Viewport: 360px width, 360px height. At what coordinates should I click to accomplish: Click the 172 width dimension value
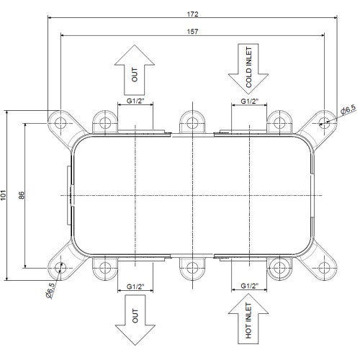(192, 14)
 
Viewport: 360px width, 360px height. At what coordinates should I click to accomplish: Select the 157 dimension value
(192, 32)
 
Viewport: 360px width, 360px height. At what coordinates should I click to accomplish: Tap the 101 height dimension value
(3, 195)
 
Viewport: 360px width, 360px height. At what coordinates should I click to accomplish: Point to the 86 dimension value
(22, 195)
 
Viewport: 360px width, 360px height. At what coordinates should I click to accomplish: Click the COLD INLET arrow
(248, 68)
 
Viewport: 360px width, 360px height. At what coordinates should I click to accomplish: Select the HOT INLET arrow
(248, 319)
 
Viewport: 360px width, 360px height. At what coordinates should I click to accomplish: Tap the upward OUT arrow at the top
(135, 70)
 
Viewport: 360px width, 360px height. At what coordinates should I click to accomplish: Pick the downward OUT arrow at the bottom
(135, 320)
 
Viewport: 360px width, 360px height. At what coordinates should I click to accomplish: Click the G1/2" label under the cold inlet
(249, 102)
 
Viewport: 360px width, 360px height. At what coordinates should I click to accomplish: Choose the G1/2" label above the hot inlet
(249, 286)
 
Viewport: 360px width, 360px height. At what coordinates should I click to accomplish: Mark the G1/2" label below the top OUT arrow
(135, 101)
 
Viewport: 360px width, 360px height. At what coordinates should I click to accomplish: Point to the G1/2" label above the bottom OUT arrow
(135, 287)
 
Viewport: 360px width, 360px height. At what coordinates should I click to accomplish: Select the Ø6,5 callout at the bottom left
(50, 290)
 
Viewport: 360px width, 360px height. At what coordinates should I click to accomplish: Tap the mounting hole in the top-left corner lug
(60, 123)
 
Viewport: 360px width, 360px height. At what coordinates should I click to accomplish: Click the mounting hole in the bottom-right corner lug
(324, 268)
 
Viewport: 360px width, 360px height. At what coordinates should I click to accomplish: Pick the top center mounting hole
(192, 123)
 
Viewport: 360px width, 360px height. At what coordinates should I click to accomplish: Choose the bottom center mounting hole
(192, 268)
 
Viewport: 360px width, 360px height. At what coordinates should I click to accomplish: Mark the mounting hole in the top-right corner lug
(324, 123)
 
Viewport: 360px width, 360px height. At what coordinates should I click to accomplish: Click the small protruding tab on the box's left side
(69, 195)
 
